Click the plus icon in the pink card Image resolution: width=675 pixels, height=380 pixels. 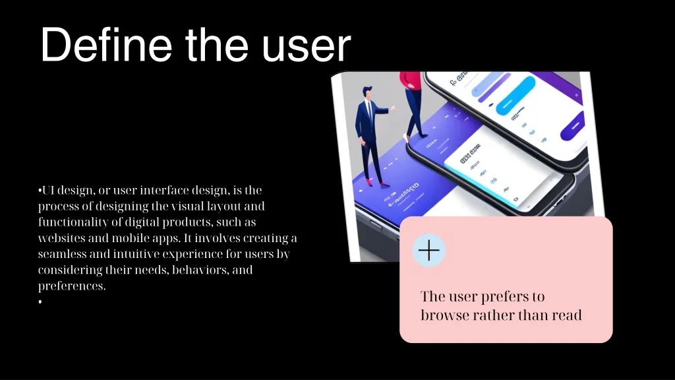point(429,251)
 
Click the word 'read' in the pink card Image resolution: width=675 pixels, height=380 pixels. point(566,315)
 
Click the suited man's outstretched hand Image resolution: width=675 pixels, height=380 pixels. point(394,108)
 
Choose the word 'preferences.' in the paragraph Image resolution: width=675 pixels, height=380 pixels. point(72,286)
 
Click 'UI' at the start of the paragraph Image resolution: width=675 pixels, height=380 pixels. point(48,191)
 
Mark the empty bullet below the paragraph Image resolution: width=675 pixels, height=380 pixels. point(40,302)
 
